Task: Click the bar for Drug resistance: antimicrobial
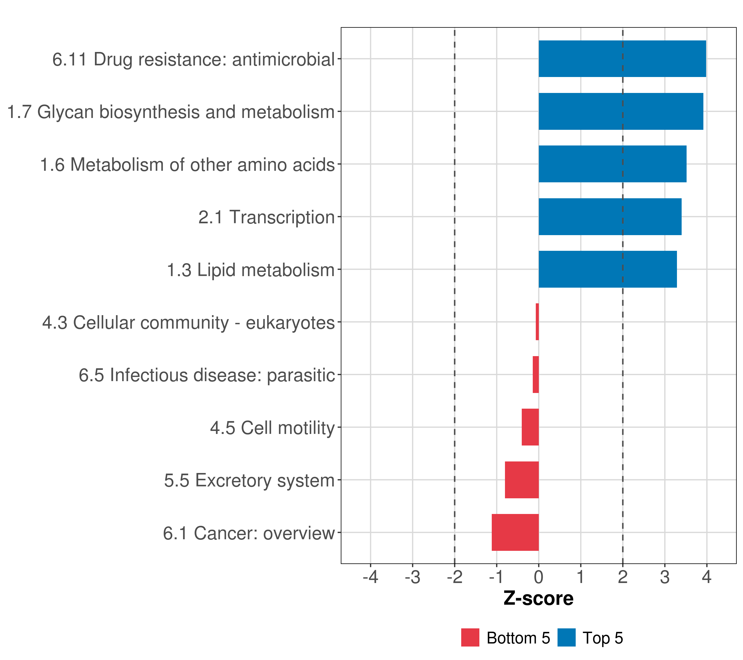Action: tap(622, 59)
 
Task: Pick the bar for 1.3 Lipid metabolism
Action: tap(607, 269)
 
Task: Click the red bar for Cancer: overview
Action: tap(515, 532)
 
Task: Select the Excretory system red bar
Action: tap(522, 480)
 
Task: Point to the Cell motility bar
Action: tap(530, 427)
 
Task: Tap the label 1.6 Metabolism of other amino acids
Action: tap(187, 164)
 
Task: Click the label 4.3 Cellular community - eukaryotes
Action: tap(188, 323)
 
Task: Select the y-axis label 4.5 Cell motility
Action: tap(272, 428)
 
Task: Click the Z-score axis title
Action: tap(538, 598)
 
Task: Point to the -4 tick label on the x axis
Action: tap(370, 577)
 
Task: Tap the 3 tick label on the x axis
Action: tap(665, 577)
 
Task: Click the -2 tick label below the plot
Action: tap(454, 577)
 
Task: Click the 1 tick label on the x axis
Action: tap(581, 577)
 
